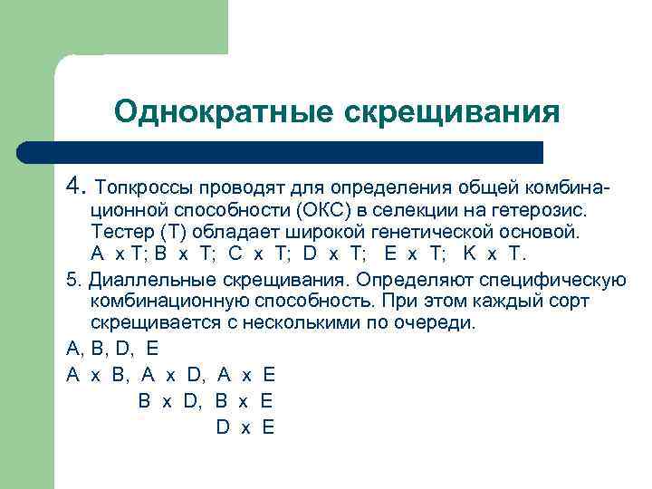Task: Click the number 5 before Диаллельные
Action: [x=72, y=277]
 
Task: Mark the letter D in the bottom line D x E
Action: [x=223, y=427]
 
